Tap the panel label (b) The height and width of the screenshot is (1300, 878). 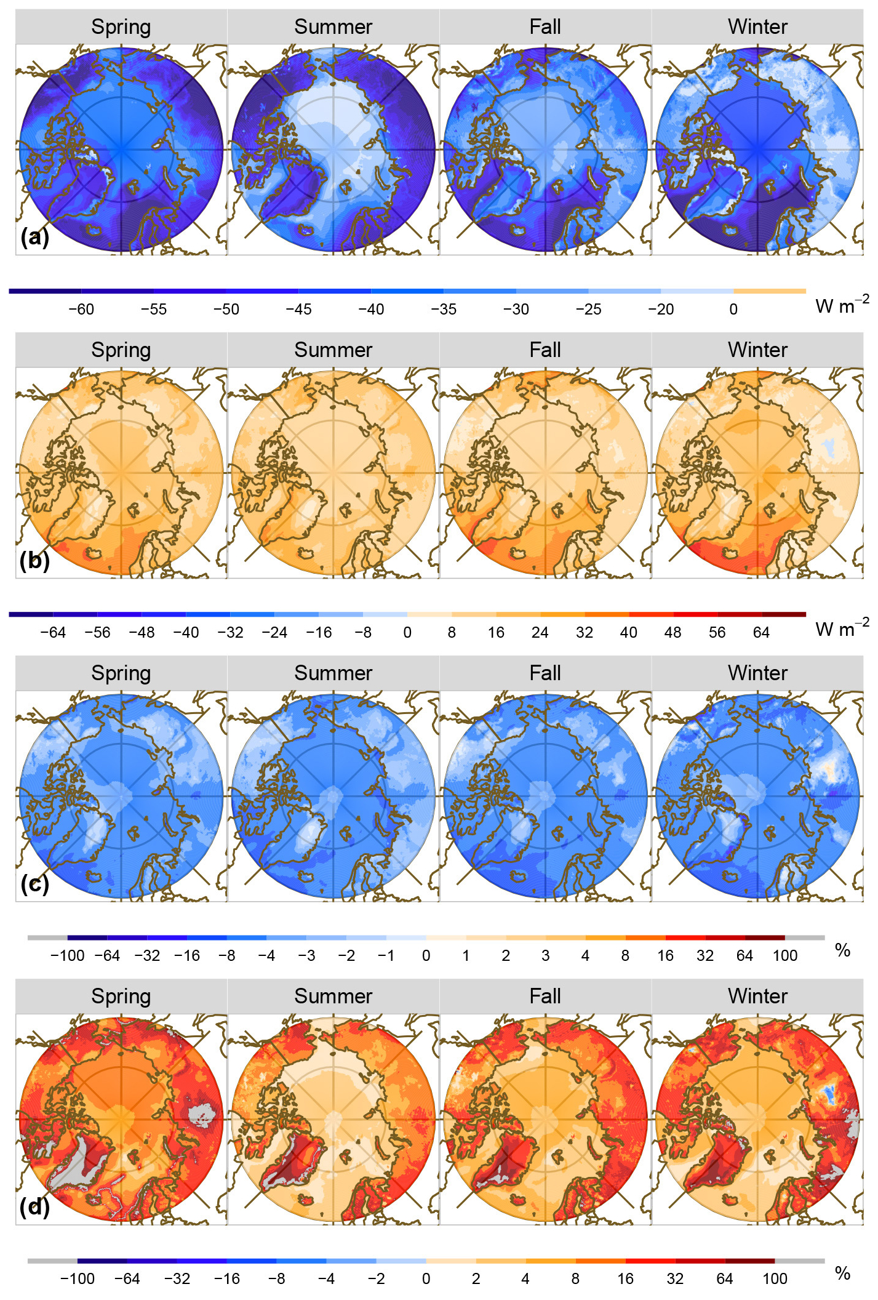pos(34,561)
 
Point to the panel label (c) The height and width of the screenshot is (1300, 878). pos(34,884)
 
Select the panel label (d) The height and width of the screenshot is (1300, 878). pos(34,1207)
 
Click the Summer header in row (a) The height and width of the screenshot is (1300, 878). pos(333,27)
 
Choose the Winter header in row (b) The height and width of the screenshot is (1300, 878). pos(757,350)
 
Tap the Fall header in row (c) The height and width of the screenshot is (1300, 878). pos(545,673)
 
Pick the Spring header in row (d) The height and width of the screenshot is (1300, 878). pos(121,997)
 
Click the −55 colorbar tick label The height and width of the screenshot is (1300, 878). pos(153,310)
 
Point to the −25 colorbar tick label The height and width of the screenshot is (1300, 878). pos(588,310)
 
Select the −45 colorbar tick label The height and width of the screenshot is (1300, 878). pos(298,310)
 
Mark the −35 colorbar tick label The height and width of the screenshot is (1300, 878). pos(443,310)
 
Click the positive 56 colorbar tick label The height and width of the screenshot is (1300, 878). pos(717,633)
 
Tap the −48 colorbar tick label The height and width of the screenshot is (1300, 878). pos(142,633)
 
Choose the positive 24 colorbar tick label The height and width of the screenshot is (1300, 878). pos(540,633)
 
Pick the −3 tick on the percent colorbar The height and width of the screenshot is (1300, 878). pos(306,956)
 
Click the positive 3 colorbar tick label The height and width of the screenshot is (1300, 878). pos(545,956)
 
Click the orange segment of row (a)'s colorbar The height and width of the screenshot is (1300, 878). pos(770,291)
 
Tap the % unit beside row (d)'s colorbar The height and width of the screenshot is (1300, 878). pos(842,1274)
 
